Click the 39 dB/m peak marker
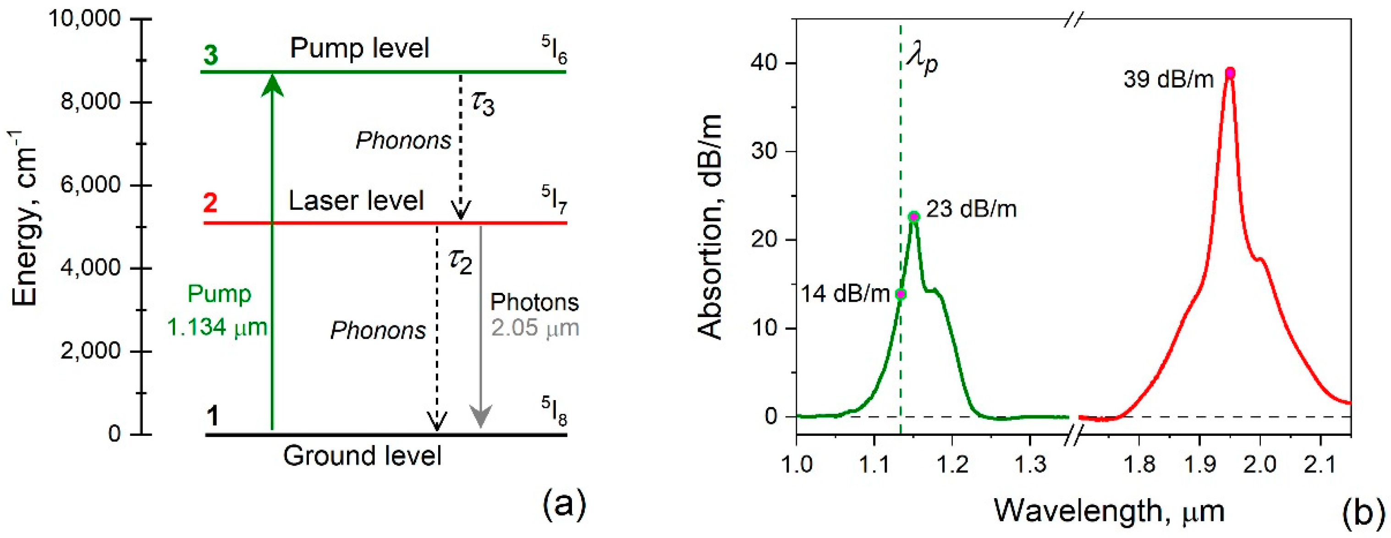coord(1230,73)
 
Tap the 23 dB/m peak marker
coord(913,217)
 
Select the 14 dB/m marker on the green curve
coord(901,294)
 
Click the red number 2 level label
coord(210,203)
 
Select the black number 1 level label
coord(213,416)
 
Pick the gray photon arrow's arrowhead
coord(481,417)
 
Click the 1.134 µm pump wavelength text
coord(217,327)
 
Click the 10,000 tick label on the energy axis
coord(84,19)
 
